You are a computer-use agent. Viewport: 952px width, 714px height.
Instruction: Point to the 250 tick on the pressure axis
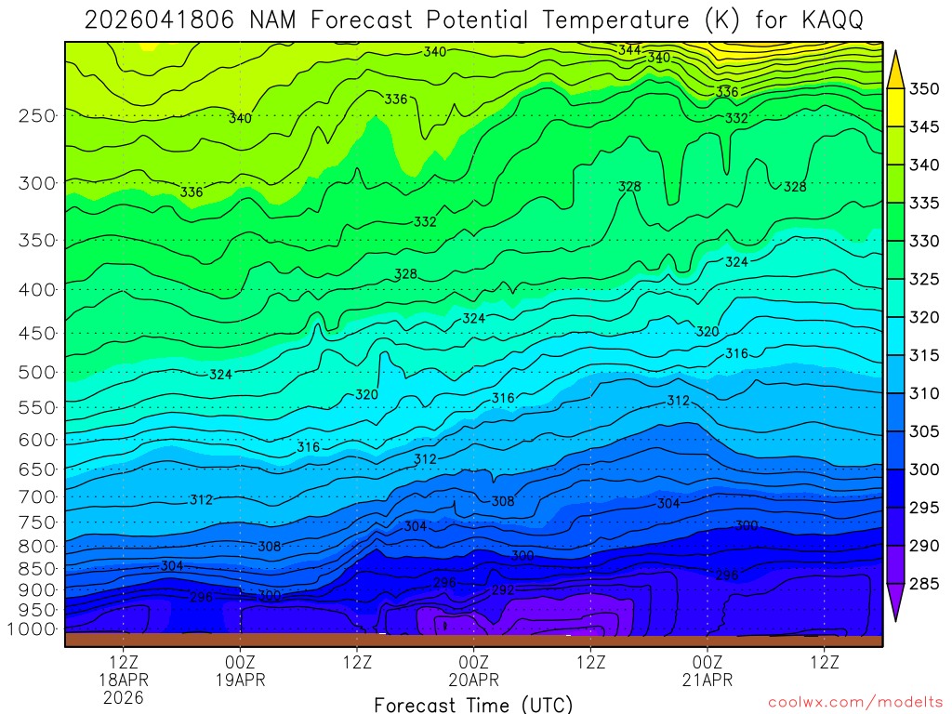37,116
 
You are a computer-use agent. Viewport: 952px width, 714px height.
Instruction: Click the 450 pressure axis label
37,333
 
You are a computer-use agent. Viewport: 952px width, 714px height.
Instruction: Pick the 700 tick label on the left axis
37,496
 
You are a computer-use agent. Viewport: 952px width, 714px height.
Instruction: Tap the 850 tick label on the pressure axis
37,568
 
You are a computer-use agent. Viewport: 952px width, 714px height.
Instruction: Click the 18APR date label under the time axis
124,680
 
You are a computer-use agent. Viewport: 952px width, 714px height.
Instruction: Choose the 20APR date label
474,680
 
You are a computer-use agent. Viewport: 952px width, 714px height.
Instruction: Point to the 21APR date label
707,680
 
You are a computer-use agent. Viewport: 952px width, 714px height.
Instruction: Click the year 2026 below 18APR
124,697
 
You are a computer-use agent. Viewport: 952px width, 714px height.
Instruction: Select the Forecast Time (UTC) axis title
473,705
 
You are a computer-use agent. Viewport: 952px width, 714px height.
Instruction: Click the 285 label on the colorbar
924,584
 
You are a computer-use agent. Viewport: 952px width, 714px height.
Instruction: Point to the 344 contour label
629,49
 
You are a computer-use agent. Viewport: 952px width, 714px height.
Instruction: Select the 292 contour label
503,590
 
